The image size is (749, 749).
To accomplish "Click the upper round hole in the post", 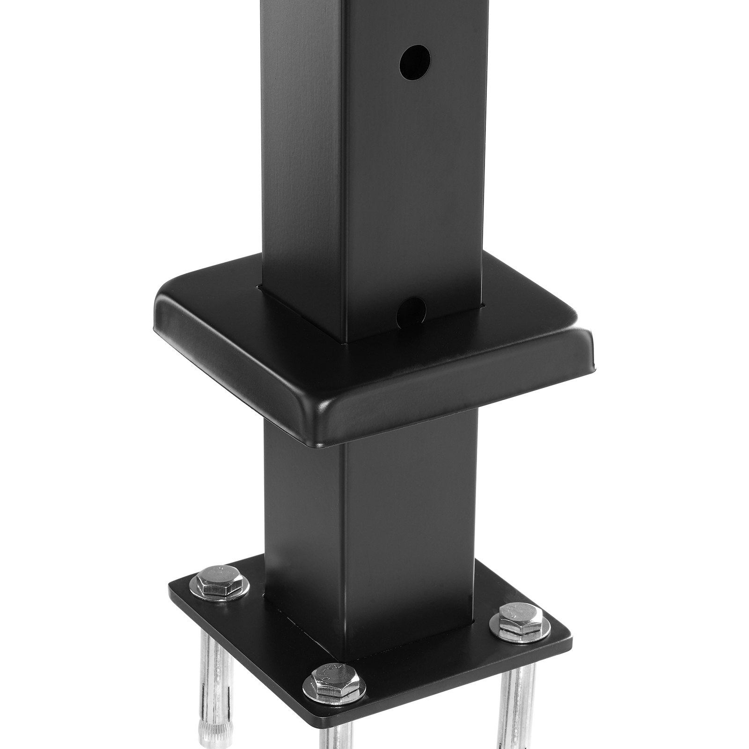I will tap(415, 62).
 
